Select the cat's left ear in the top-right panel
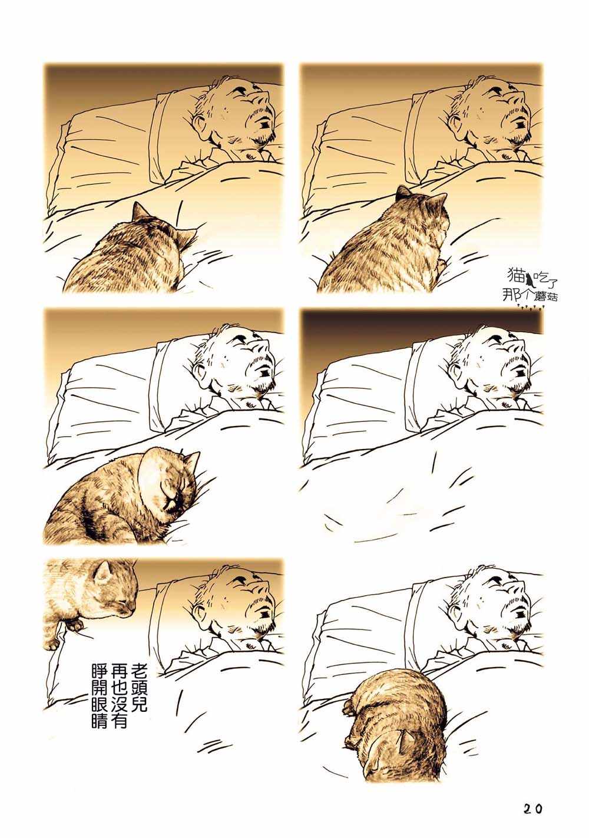pos(403,193)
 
